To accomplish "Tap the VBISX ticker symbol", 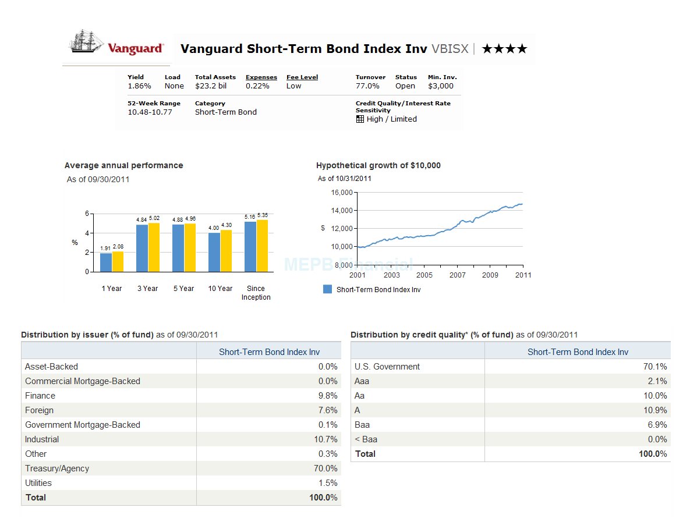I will coord(450,49).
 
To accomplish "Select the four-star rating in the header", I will coord(504,49).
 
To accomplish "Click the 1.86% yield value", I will coord(139,86).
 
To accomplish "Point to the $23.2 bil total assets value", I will coord(211,86).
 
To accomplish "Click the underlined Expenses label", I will coord(261,77).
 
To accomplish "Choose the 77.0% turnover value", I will coord(367,86).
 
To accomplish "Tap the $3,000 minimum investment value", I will coord(440,86).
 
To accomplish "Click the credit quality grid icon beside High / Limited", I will coord(360,119).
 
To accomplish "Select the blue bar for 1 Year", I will coord(106,262).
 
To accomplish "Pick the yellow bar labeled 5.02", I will coord(154,247).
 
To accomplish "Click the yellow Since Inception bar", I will coord(262,246).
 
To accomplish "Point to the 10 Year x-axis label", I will coord(220,289).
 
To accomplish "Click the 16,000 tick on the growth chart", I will coord(342,193).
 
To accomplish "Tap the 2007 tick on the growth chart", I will coord(457,275).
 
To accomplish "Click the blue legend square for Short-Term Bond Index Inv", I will coord(327,289).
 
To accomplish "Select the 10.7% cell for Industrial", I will coord(325,439).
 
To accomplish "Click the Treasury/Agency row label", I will coord(57,468).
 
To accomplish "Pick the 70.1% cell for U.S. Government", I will coord(655,367).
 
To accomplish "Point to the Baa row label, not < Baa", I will coord(362,425).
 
